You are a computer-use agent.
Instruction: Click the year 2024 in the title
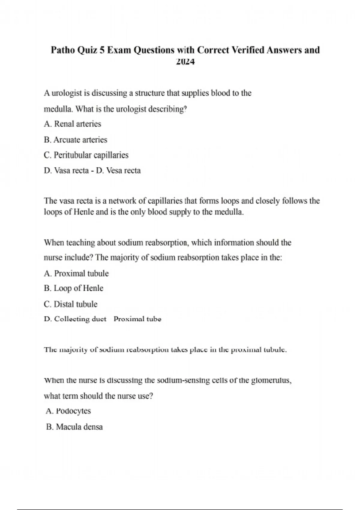185,62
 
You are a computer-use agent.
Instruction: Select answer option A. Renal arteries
72,124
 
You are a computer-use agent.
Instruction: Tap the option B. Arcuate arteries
75,140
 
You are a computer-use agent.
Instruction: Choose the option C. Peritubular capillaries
86,155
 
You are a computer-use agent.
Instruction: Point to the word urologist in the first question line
67,93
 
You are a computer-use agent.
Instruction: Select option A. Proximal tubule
76,273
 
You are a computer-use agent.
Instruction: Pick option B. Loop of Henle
73,288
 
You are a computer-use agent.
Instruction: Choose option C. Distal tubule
70,304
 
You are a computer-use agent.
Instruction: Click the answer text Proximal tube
137,319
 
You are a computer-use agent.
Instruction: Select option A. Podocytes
68,411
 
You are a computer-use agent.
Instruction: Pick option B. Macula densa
74,427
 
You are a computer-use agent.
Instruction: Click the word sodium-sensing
183,380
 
